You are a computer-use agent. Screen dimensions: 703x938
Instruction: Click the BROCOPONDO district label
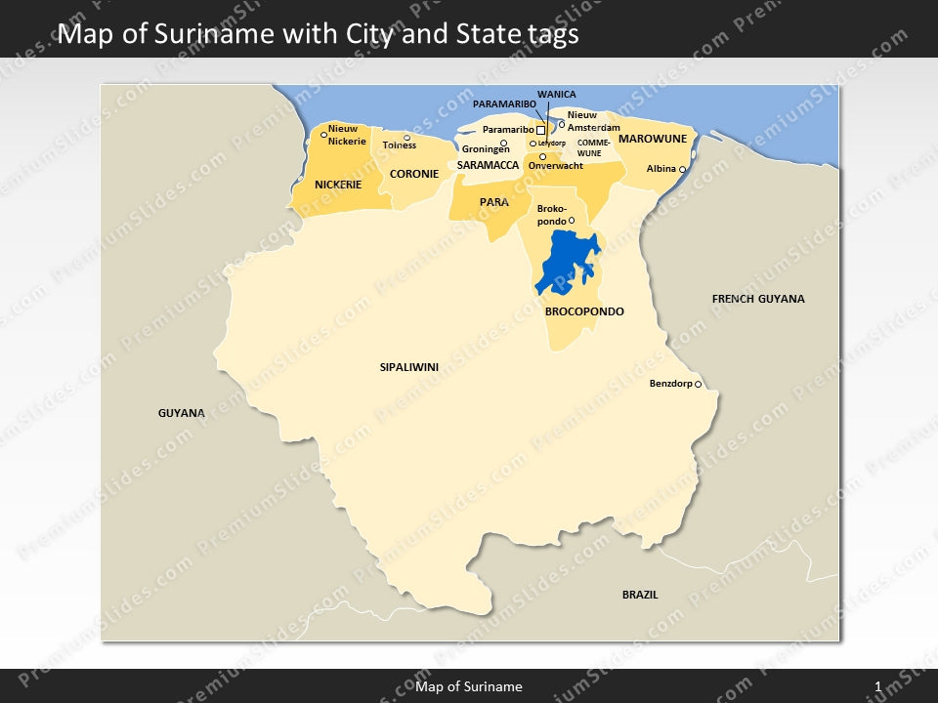click(x=584, y=311)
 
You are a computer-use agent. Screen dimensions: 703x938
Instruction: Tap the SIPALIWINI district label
click(x=408, y=367)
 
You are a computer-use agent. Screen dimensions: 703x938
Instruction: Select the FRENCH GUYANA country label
click(x=758, y=299)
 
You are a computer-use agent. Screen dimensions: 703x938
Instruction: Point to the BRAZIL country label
click(x=640, y=595)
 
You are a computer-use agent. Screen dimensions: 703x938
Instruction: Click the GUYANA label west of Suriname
click(x=182, y=413)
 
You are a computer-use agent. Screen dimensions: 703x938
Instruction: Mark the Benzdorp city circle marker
click(x=698, y=385)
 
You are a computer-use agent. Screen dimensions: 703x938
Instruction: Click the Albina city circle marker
click(x=682, y=170)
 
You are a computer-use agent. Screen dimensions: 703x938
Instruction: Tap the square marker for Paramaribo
click(x=540, y=130)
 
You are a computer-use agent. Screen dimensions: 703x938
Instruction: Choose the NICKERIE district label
click(x=338, y=185)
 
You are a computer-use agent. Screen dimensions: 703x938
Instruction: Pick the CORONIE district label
click(x=414, y=175)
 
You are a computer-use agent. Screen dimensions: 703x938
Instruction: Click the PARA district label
click(x=493, y=202)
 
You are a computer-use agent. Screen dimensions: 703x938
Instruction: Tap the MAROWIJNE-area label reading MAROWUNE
click(x=653, y=139)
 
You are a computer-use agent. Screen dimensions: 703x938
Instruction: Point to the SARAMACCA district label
click(x=488, y=166)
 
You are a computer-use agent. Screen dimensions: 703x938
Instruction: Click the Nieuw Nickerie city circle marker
click(x=324, y=135)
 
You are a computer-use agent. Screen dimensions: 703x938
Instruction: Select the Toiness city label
click(x=399, y=145)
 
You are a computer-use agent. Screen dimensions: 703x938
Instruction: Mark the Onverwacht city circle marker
click(x=543, y=156)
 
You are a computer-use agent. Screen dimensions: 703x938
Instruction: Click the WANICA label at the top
click(x=556, y=95)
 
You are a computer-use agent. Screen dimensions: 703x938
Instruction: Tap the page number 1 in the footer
click(x=878, y=687)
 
